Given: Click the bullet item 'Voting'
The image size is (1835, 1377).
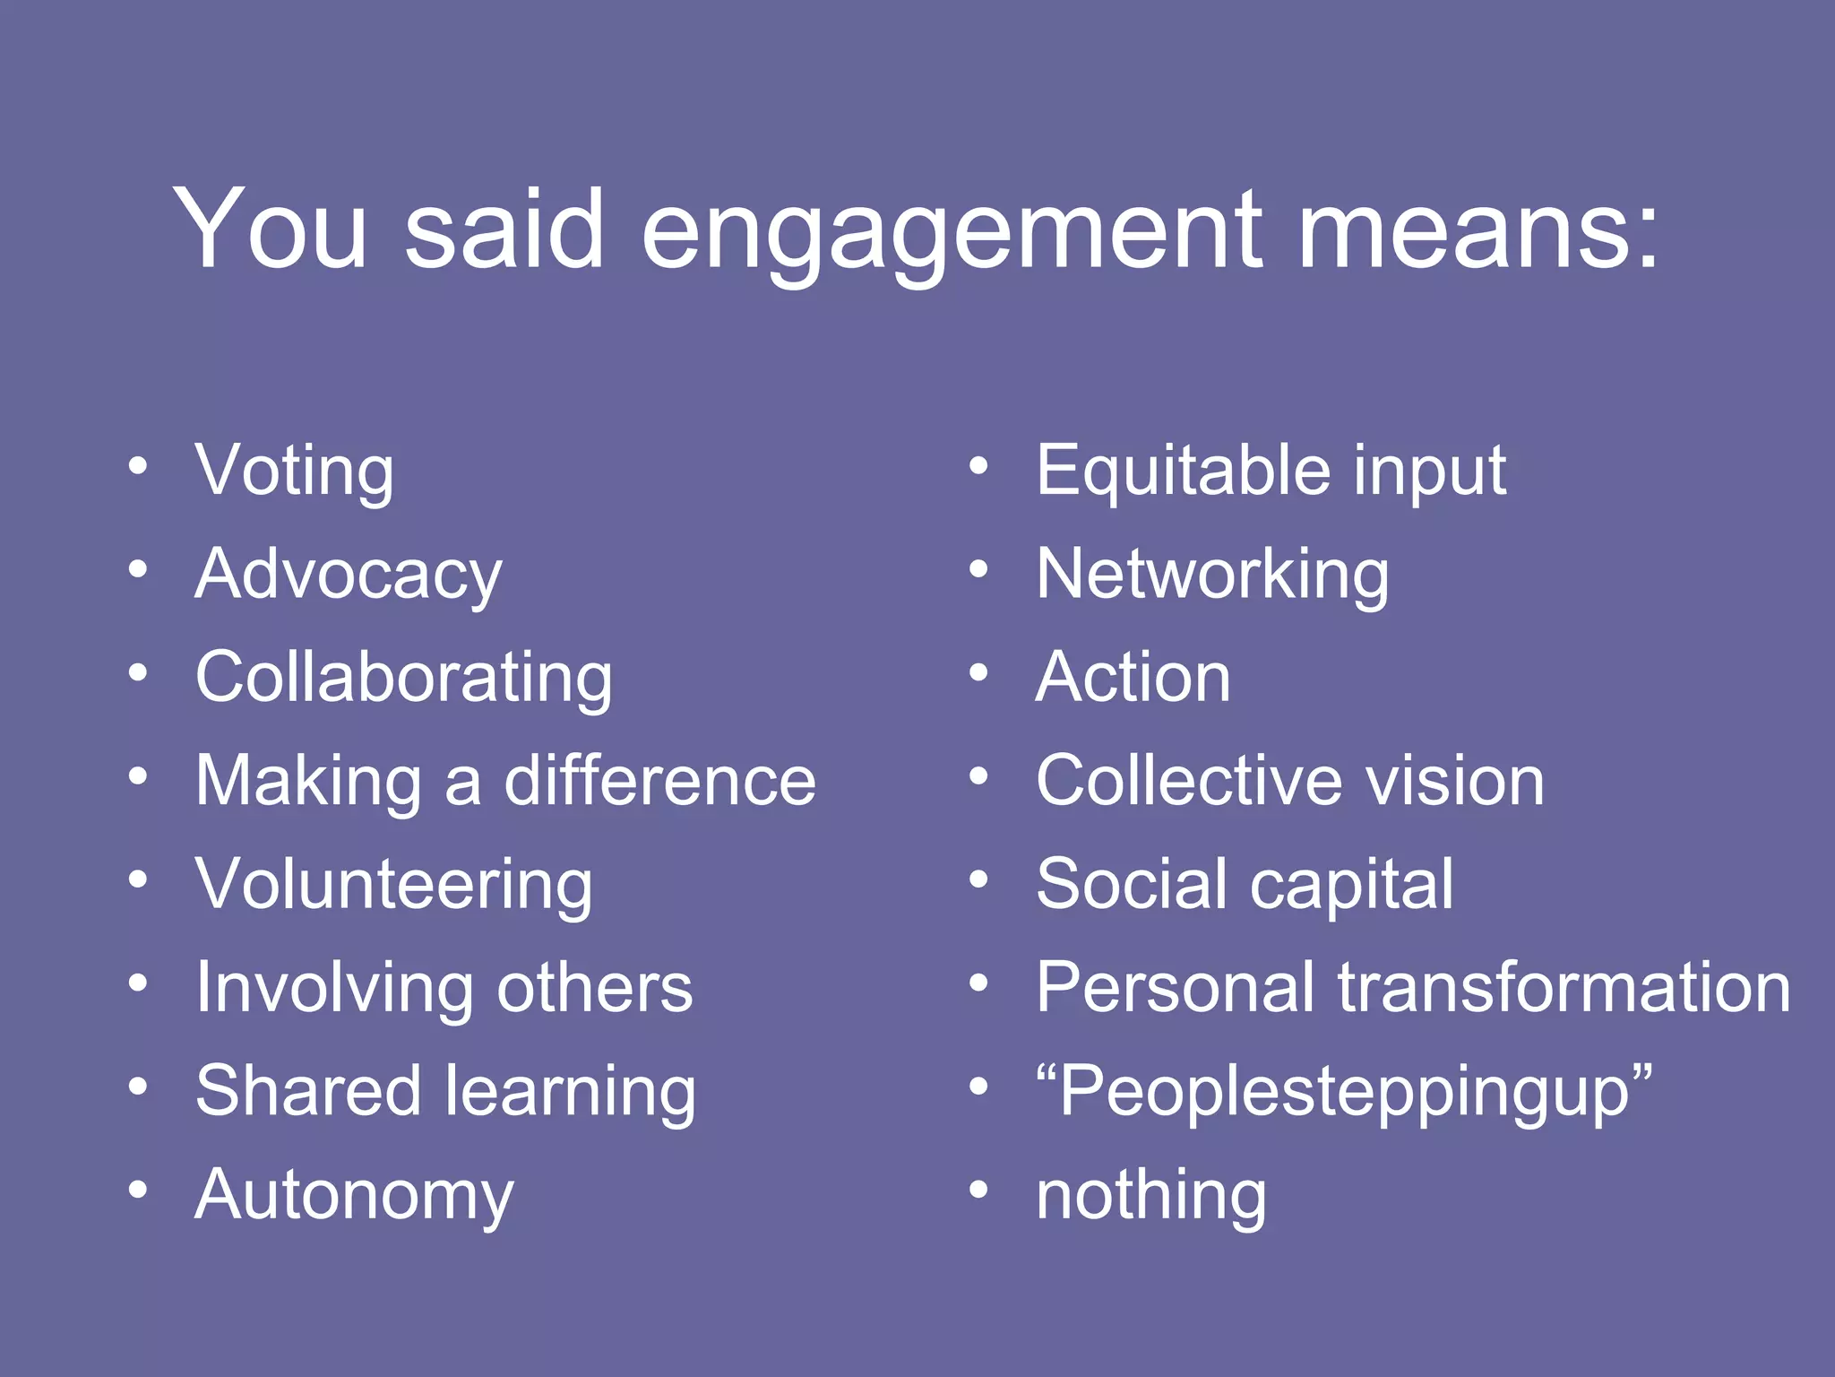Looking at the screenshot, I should click(x=294, y=471).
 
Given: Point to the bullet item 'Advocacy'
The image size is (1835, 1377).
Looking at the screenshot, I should click(x=349, y=575).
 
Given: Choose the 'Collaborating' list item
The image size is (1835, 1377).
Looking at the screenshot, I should click(x=404, y=678).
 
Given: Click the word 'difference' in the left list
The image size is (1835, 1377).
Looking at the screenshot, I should click(x=660, y=781).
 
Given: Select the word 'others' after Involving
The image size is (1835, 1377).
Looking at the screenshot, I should click(x=595, y=988).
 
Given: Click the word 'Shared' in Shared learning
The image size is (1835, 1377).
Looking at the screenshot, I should click(x=307, y=1091).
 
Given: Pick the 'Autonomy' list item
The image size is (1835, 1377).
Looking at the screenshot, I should click(x=354, y=1195).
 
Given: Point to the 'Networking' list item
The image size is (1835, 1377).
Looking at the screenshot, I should click(x=1212, y=575).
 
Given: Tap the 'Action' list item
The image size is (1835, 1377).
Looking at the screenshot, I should click(x=1133, y=678).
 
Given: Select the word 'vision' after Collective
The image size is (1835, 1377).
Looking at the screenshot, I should click(x=1455, y=781).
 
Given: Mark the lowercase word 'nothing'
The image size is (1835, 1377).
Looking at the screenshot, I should click(x=1151, y=1195).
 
